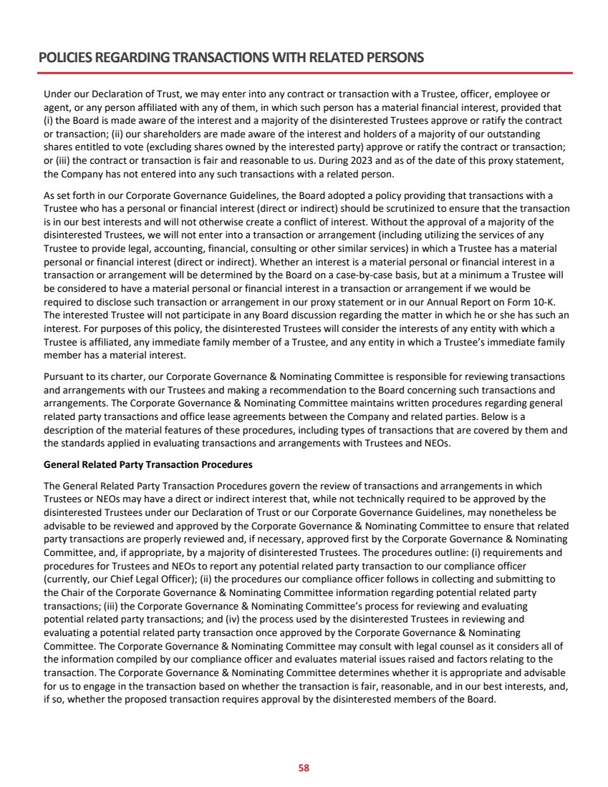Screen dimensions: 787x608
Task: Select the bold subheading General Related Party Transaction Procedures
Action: click(148, 464)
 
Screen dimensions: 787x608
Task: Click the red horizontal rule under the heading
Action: click(304, 72)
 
